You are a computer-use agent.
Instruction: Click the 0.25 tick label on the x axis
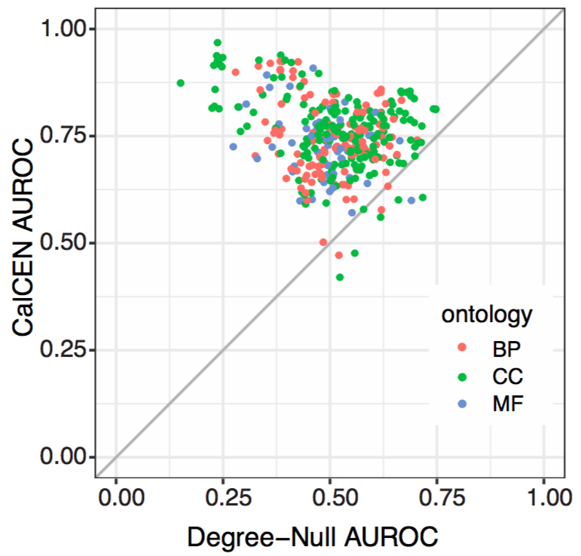pos(223,499)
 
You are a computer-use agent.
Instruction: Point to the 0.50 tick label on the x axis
pos(331,499)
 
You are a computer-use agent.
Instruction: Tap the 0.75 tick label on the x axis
pos(437,499)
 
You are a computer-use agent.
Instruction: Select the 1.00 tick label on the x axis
pos(544,499)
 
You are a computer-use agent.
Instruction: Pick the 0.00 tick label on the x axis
pos(116,499)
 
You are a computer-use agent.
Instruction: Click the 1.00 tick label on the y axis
pos(67,29)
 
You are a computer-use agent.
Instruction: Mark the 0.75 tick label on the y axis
pos(67,137)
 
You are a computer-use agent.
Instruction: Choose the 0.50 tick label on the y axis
pos(67,244)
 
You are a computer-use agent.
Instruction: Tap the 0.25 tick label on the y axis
pos(67,351)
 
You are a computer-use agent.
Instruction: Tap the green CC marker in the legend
pos(463,376)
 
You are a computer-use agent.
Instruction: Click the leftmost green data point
pos(180,83)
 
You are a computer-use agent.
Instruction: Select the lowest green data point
pos(340,278)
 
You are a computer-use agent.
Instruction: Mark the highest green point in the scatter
pos(217,43)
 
